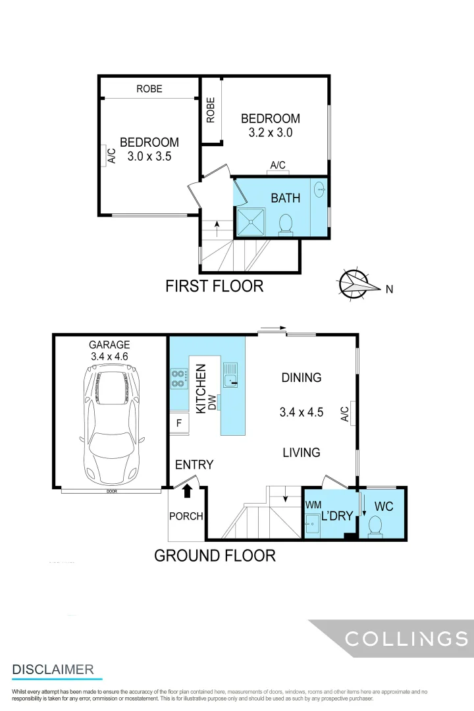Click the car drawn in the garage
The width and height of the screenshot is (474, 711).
pyautogui.click(x=110, y=425)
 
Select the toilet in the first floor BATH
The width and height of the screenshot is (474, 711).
pyautogui.click(x=286, y=224)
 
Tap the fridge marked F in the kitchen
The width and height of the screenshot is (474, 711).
pyautogui.click(x=178, y=423)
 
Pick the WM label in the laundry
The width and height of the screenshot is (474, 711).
pyautogui.click(x=313, y=504)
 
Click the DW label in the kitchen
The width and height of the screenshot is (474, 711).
pyautogui.click(x=212, y=406)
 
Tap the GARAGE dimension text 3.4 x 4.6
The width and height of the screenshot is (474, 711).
pyautogui.click(x=110, y=356)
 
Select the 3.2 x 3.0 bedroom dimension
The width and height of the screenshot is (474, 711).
pyautogui.click(x=270, y=132)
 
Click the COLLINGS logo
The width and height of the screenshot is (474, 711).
pyautogui.click(x=406, y=638)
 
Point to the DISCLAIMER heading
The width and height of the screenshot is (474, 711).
pyautogui.click(x=53, y=670)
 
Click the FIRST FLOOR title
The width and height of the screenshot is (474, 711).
pyautogui.click(x=214, y=286)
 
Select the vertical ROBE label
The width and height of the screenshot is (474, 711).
pyautogui.click(x=211, y=110)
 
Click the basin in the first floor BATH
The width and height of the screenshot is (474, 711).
pyautogui.click(x=320, y=190)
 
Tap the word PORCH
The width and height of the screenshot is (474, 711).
pyautogui.click(x=186, y=516)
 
